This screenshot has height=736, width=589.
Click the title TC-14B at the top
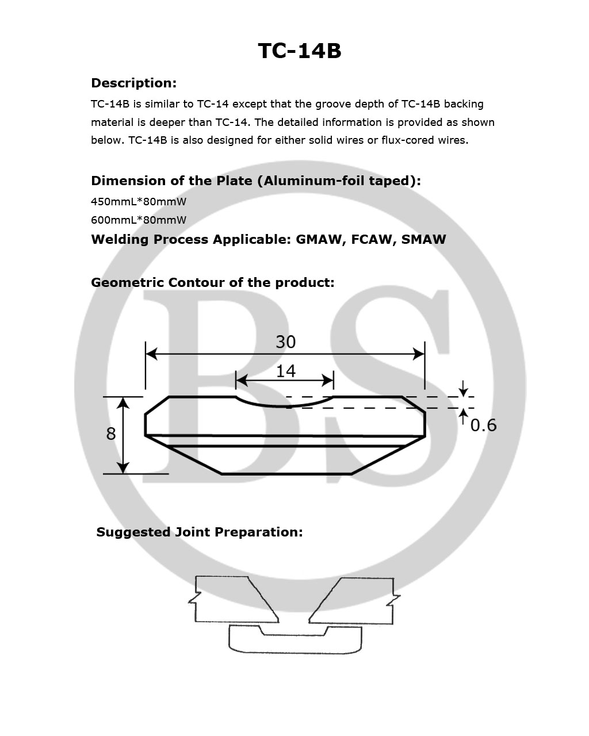(299, 51)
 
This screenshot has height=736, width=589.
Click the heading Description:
(133, 83)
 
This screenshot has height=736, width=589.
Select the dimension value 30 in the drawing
(285, 342)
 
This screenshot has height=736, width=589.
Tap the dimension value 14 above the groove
(285, 371)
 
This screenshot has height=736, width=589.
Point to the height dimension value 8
(111, 434)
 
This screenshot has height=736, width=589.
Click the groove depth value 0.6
(483, 425)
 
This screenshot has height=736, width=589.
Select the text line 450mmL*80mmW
(139, 202)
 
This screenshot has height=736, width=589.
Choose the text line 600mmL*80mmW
(139, 220)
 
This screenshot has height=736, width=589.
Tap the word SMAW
(423, 240)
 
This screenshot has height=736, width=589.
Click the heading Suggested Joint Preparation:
(199, 532)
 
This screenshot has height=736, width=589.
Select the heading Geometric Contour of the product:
(212, 283)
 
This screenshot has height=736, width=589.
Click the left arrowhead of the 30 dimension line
(151, 353)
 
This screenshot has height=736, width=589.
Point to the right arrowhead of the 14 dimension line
(328, 380)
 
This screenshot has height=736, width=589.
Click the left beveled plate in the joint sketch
(230, 599)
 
